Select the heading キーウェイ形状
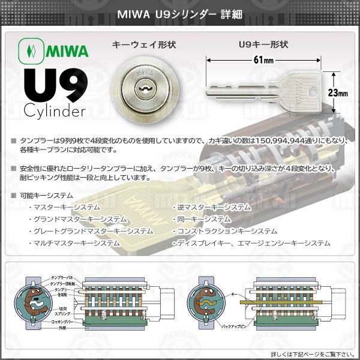point(142,44)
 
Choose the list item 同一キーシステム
point(205,219)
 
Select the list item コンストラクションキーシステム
point(226,231)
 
